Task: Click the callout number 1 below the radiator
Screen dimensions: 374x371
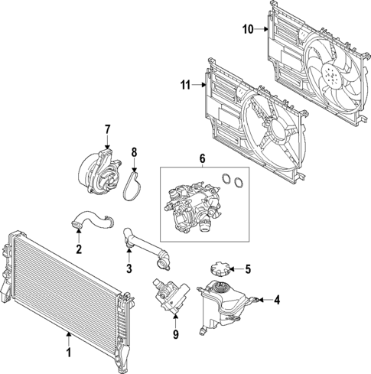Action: [69, 353]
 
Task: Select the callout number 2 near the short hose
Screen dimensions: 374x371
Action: [79, 249]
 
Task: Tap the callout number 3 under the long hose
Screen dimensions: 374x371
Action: [129, 268]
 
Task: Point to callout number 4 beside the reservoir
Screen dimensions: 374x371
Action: [277, 301]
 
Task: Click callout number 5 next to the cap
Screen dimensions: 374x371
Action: [248, 268]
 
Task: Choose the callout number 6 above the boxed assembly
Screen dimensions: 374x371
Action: [203, 158]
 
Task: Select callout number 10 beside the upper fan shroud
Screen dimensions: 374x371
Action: [247, 30]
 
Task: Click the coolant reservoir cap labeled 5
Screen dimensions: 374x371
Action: [216, 270]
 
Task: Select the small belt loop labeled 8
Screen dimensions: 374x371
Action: [135, 184]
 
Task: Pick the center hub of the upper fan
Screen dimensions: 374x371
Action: [331, 76]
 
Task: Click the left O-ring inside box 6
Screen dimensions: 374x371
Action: [226, 180]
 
